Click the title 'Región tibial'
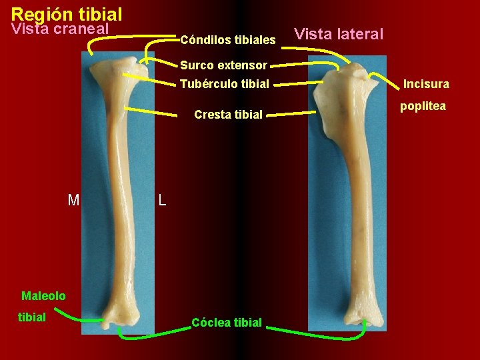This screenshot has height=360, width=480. (x=67, y=13)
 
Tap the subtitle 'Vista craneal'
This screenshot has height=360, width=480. (x=60, y=29)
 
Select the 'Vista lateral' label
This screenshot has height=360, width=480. (x=339, y=34)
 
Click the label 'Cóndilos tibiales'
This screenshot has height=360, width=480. (x=227, y=41)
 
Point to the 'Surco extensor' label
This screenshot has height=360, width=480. (x=223, y=65)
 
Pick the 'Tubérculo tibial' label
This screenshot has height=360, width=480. (x=224, y=84)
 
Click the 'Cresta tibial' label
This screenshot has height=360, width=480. (x=228, y=115)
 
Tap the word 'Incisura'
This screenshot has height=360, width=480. (x=426, y=84)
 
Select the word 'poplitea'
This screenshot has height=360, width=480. (x=423, y=106)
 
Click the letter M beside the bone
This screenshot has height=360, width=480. (x=73, y=199)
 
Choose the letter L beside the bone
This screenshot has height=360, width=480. (x=163, y=199)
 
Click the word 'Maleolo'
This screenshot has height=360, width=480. (x=43, y=295)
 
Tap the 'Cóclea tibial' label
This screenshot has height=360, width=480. (x=227, y=323)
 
